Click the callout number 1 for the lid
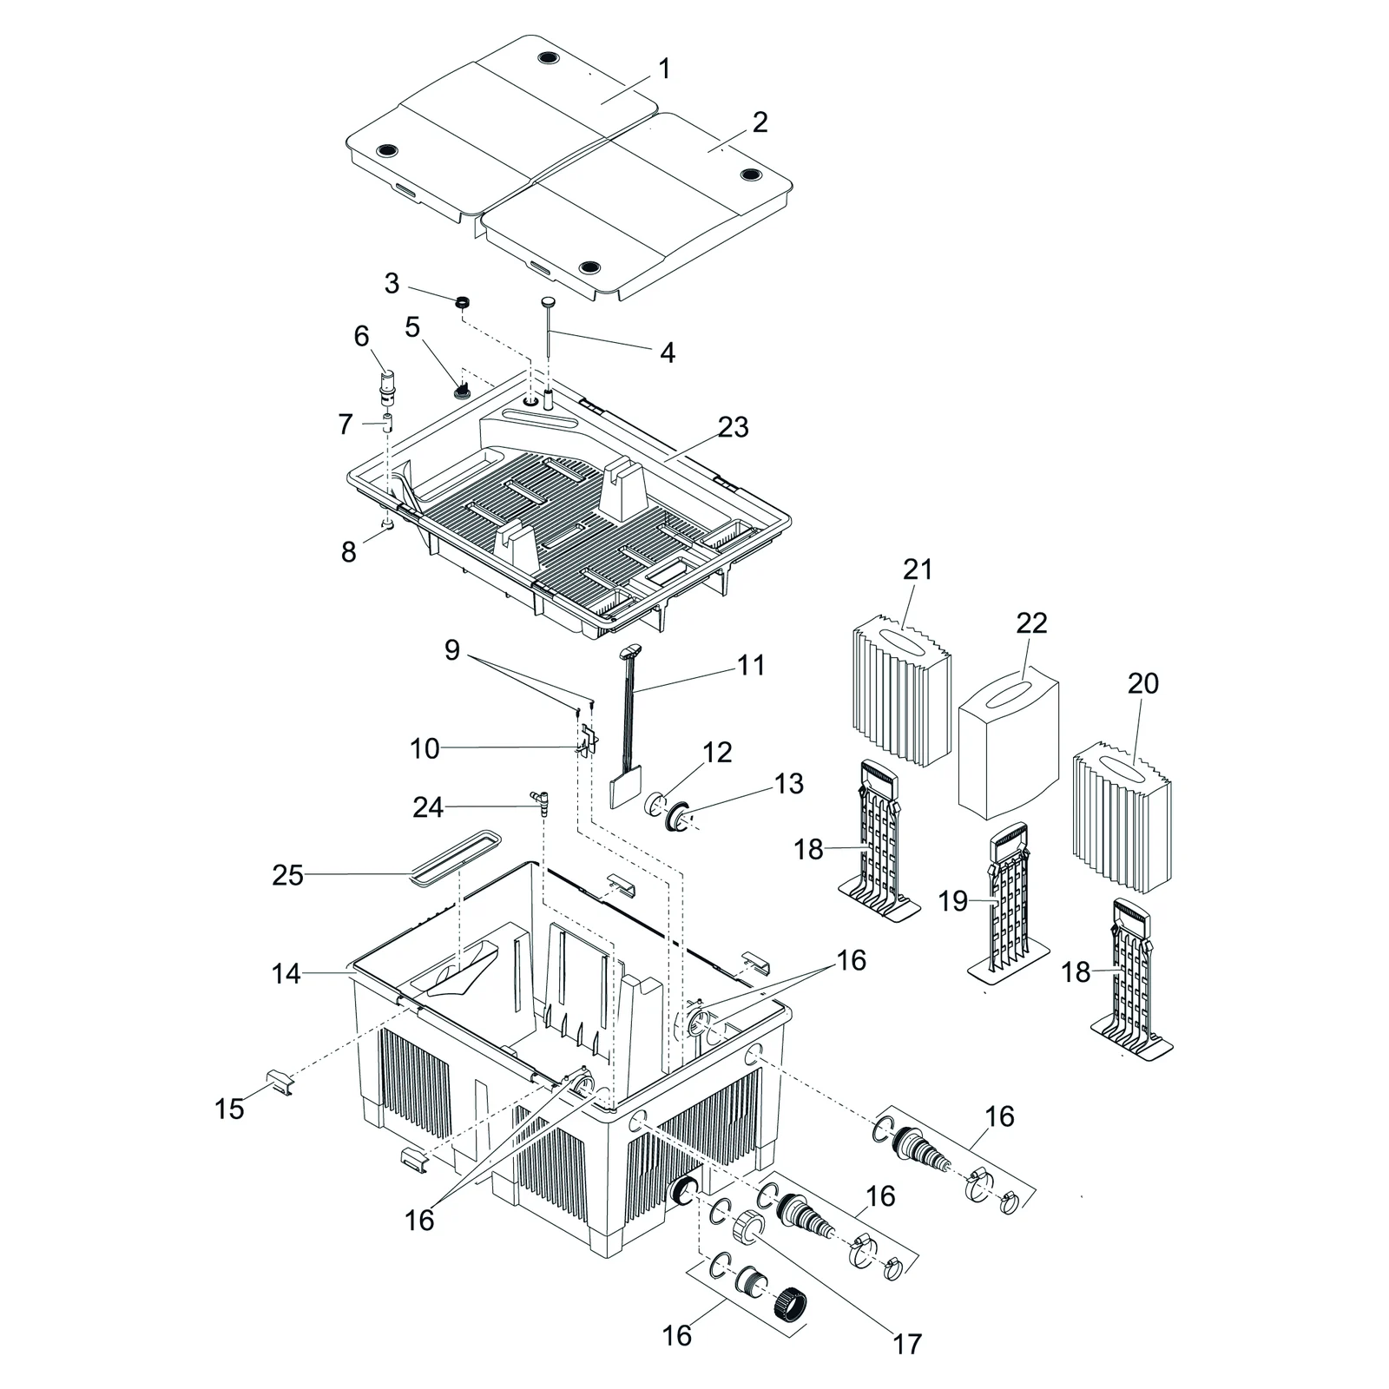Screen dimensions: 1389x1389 664,69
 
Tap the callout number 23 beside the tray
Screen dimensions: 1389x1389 733,427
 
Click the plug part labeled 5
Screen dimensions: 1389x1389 461,388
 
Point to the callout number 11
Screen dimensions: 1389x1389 751,665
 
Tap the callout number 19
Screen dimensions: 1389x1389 952,900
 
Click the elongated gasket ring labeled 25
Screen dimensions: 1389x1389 456,858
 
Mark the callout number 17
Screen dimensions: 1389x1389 906,1344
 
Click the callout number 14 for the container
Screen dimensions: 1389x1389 286,974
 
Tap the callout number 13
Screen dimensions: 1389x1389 788,783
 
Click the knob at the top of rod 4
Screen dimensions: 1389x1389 549,302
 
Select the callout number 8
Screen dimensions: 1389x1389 348,551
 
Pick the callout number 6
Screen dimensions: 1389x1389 361,336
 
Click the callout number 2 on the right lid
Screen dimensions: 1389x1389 760,122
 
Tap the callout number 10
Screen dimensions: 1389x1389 425,748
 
